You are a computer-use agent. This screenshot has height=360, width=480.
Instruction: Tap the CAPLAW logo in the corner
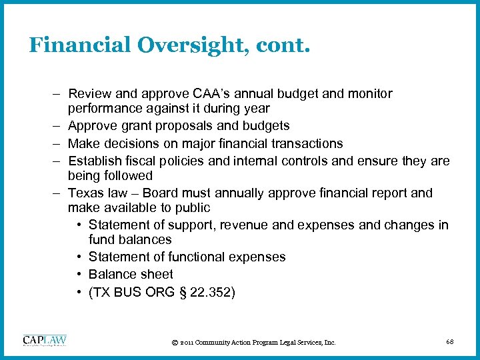pos(44,341)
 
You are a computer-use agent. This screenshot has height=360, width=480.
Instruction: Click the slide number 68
pos(449,342)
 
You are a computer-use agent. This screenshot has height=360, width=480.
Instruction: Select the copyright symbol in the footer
pos(174,343)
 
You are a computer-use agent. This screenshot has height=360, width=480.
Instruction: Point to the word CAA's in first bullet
pos(210,94)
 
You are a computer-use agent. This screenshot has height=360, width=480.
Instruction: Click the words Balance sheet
pos(131,274)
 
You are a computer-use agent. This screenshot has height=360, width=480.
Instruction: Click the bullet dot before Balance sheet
pos(79,274)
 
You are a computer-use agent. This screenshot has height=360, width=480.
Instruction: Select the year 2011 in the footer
pos(187,343)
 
